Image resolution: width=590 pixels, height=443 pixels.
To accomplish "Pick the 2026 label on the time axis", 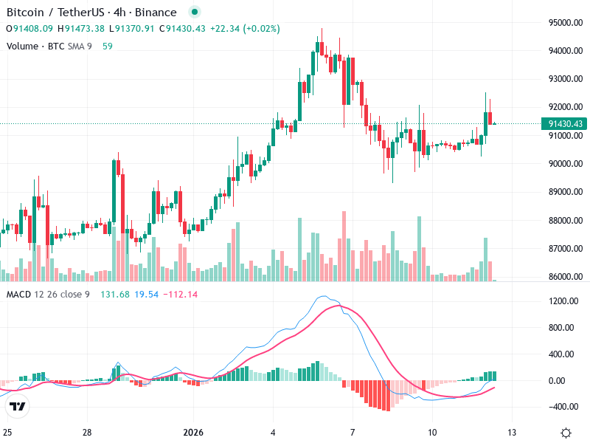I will (x=192, y=432).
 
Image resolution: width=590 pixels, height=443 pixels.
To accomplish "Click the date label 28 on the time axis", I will (x=87, y=432).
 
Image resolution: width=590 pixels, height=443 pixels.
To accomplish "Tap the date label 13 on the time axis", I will (x=512, y=432).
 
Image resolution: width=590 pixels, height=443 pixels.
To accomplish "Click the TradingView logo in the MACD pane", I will (x=18, y=407).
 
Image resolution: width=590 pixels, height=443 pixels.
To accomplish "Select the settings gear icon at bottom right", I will (x=566, y=433).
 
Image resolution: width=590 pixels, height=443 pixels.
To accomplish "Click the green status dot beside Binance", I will (x=194, y=13).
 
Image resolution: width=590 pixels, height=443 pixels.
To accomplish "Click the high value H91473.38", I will (x=81, y=29).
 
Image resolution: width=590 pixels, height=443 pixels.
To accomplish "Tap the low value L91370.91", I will (x=132, y=29).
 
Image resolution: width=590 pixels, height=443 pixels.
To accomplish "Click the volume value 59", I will (x=108, y=46).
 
